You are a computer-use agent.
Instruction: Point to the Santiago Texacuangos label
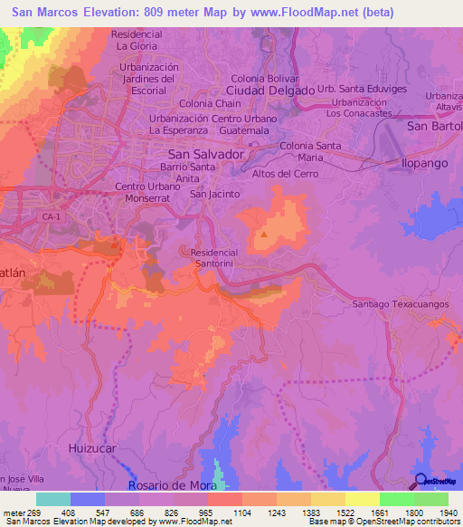[401, 304]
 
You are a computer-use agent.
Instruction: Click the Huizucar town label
[93, 448]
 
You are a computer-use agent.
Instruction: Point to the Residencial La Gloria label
[136, 40]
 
